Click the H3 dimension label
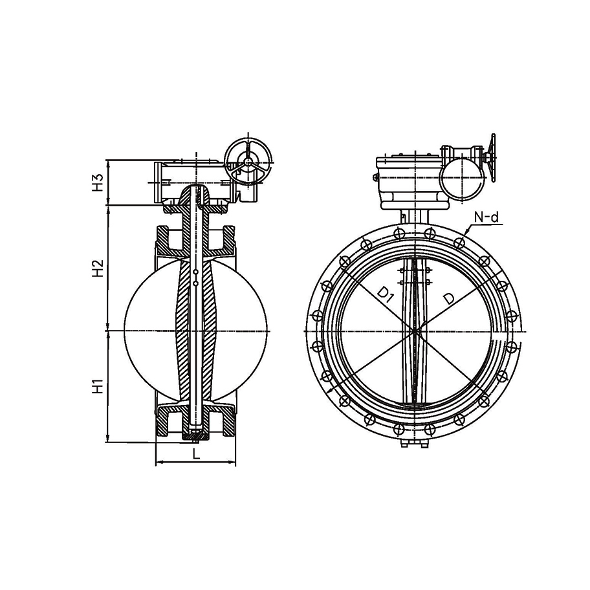click(98, 182)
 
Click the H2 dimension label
click(98, 268)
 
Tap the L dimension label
click(196, 453)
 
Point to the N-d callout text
click(486, 217)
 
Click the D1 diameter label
click(386, 294)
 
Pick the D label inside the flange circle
click(448, 298)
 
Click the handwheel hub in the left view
click(248, 161)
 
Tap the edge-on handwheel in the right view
click(491, 158)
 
